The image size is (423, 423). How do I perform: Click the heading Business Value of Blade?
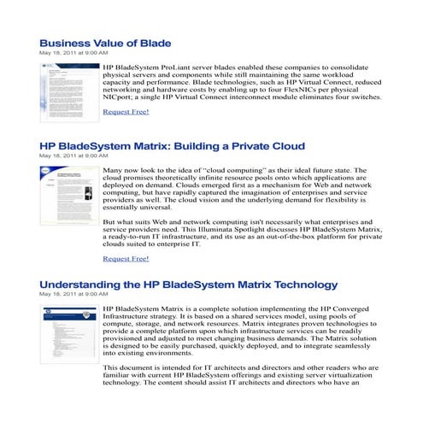click(x=105, y=43)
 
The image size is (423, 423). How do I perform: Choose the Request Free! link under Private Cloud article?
click(x=126, y=258)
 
